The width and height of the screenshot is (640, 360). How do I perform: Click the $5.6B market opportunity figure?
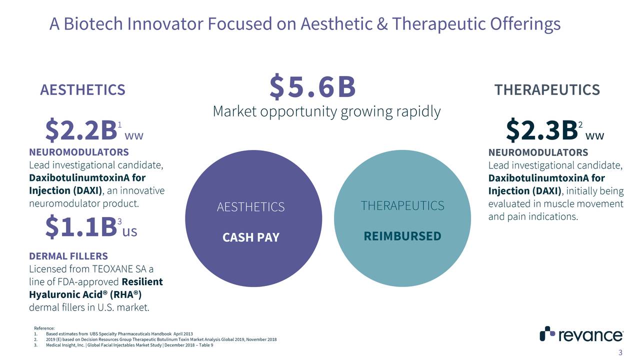(x=312, y=87)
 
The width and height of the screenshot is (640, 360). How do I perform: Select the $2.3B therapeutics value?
(x=541, y=130)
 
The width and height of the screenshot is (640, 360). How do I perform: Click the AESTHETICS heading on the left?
(x=82, y=90)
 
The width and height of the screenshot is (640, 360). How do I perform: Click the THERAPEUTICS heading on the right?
(x=546, y=90)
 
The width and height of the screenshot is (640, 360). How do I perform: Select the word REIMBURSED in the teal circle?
(x=402, y=236)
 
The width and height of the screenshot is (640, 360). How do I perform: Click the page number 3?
(x=620, y=352)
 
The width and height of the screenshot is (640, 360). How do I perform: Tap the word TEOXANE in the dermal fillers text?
(x=111, y=269)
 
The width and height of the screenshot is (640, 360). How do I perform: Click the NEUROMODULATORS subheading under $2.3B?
(x=538, y=152)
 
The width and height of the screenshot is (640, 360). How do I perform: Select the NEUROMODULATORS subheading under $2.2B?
(x=78, y=152)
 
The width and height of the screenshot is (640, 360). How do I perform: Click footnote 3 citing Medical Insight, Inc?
(x=130, y=345)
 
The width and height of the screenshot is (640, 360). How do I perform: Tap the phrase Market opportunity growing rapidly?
(x=326, y=112)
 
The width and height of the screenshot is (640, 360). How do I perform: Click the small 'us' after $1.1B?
(x=130, y=232)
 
